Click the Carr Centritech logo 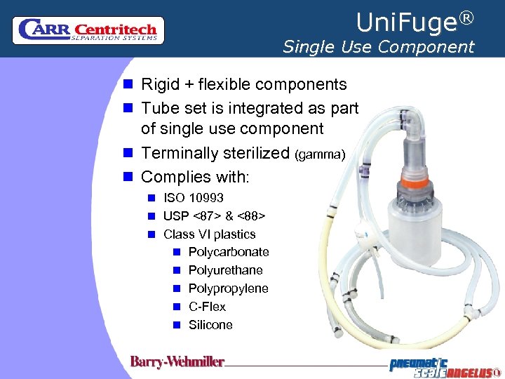(88, 31)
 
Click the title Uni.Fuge (405, 23)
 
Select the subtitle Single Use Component (378, 47)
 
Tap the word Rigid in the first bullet (160, 85)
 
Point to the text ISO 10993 (193, 198)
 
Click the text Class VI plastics (209, 234)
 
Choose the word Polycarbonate (229, 252)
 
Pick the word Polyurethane (225, 270)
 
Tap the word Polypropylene (228, 288)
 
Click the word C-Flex (207, 307)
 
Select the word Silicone (210, 325)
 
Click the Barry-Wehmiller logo (177, 362)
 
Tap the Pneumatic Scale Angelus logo (445, 366)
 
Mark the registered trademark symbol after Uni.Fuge (466, 16)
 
